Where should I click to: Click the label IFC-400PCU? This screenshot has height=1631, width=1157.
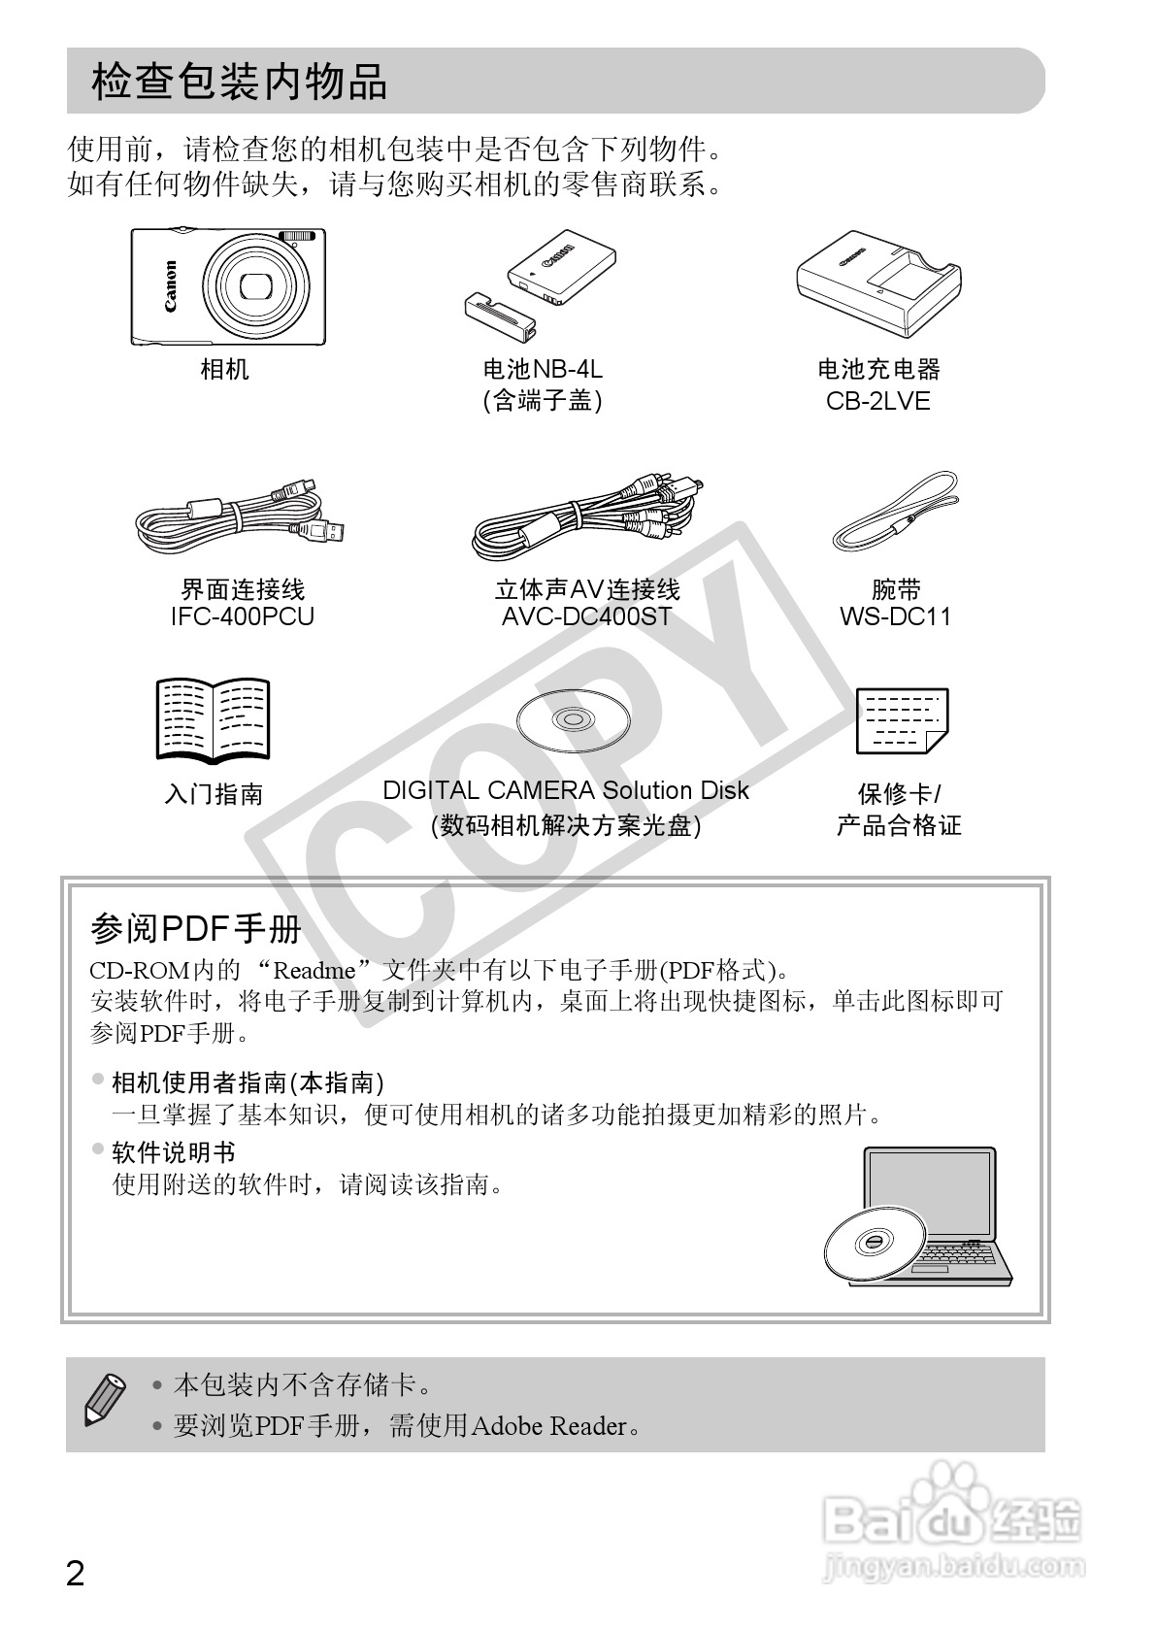243,616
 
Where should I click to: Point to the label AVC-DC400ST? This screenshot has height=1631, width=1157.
586,616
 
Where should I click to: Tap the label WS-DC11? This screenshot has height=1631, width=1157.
896,616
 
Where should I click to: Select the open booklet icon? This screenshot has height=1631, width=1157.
214,719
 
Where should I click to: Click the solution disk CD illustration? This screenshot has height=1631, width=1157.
573,720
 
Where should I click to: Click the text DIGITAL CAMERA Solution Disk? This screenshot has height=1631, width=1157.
566,790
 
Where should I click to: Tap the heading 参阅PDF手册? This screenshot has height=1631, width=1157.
195,929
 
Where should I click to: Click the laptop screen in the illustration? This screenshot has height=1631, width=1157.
931,1194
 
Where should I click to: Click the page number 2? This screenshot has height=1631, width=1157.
75,1573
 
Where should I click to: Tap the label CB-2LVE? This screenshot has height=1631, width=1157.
878,401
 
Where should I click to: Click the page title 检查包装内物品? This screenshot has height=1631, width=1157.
239,83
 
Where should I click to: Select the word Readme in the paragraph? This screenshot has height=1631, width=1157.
314,970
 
